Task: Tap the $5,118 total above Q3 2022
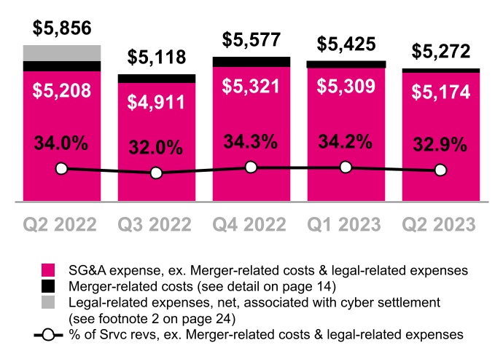(x=157, y=58)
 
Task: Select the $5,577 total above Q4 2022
(x=251, y=39)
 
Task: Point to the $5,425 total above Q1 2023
(x=346, y=44)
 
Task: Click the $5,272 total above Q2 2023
(x=440, y=52)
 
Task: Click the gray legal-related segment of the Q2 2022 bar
(x=62, y=53)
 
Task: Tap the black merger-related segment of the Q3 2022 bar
(x=157, y=78)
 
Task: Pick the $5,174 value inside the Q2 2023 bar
(x=440, y=93)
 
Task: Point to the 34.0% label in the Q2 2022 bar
(x=62, y=143)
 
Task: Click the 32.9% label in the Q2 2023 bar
(x=440, y=144)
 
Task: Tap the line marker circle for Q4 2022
(x=251, y=167)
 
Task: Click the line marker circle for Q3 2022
(x=157, y=173)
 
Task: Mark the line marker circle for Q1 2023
(x=346, y=167)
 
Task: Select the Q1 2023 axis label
(x=346, y=223)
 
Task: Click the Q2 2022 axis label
(x=62, y=223)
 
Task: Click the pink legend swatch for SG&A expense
(x=50, y=270)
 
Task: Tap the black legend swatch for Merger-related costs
(x=50, y=286)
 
